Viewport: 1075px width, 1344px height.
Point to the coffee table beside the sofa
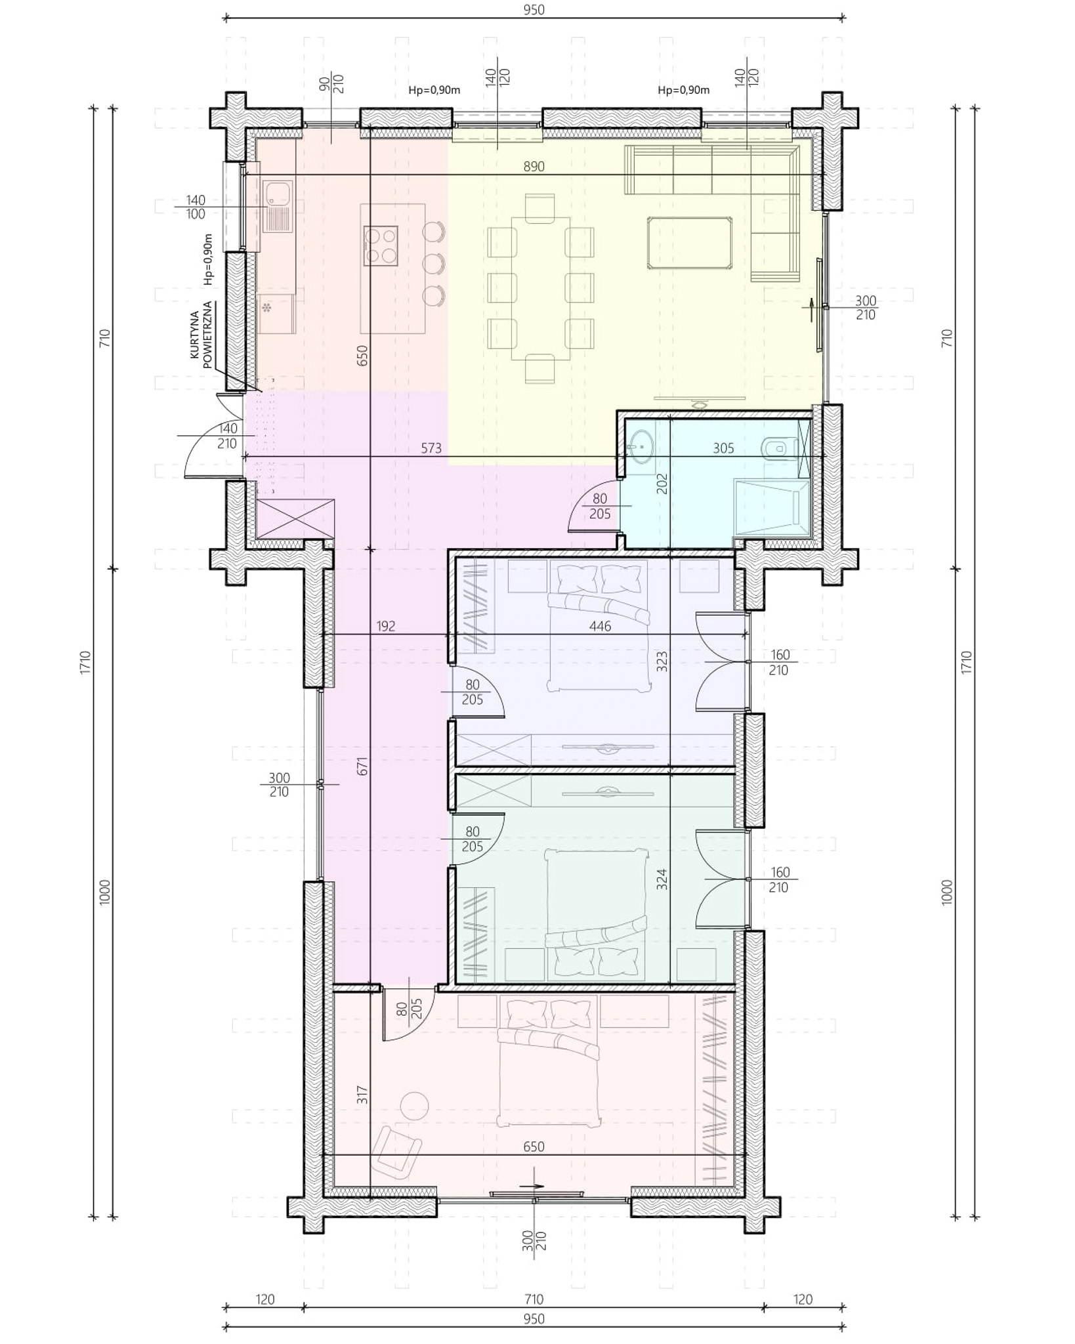click(690, 243)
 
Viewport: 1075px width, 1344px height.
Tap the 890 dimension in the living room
click(534, 167)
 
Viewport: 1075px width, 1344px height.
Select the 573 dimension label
click(431, 449)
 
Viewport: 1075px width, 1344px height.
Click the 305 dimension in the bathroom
click(723, 449)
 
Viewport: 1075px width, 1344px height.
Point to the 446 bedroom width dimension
click(600, 627)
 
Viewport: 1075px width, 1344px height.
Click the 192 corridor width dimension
click(386, 627)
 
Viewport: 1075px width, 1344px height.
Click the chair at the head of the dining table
click(540, 208)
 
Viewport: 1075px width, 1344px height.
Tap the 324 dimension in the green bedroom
click(662, 879)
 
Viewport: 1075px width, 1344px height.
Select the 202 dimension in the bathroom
click(662, 484)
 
